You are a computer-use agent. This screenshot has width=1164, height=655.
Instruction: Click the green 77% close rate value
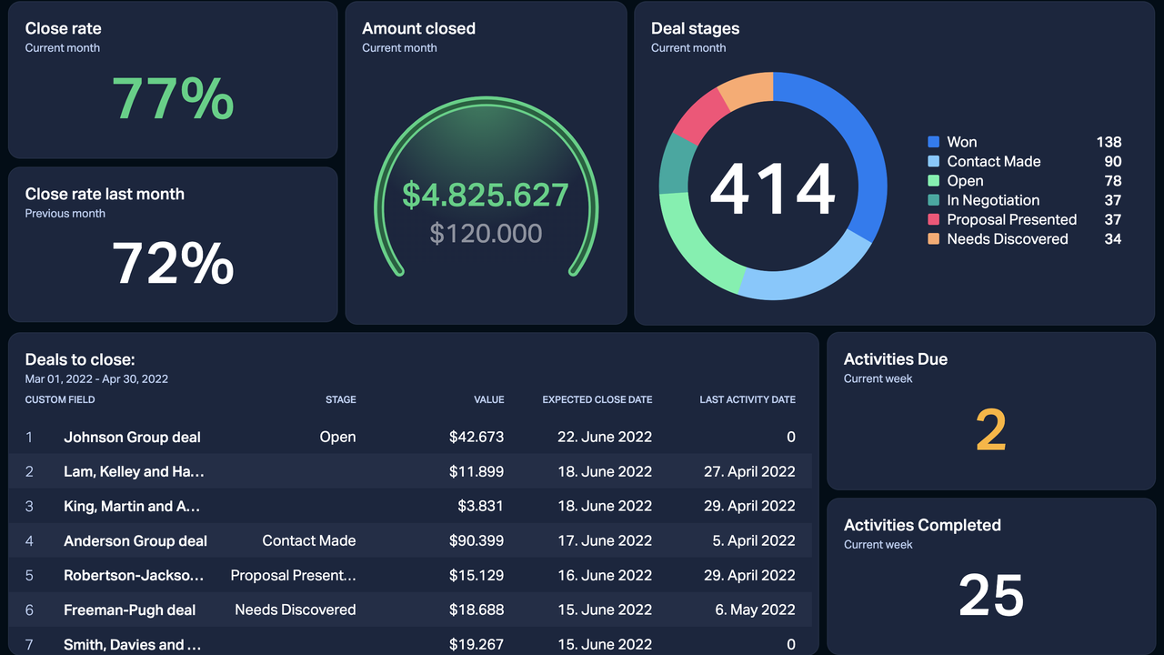[173, 98]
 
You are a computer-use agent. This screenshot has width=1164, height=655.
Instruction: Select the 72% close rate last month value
[173, 264]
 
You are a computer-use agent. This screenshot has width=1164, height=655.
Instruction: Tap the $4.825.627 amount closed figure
[486, 195]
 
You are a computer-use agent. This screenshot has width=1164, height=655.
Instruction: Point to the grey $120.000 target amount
[486, 233]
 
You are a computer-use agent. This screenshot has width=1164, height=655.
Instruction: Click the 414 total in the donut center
[772, 189]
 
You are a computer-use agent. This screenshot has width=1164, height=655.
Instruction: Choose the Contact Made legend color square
[933, 161]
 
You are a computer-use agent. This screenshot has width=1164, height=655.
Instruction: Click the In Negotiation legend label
[993, 200]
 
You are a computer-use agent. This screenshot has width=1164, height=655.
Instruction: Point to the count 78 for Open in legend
[1112, 181]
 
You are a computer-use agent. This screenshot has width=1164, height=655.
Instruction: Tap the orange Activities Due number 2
[990, 430]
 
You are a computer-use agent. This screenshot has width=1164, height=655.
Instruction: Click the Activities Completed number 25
[990, 596]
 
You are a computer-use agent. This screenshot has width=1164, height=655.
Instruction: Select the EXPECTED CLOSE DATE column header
[597, 399]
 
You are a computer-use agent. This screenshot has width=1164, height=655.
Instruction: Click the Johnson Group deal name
[132, 437]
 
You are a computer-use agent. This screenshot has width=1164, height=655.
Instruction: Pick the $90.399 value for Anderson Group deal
[476, 540]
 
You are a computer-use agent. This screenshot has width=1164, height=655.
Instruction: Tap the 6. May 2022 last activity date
[755, 610]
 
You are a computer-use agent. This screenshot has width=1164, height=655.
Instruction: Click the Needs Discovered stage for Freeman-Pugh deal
[295, 610]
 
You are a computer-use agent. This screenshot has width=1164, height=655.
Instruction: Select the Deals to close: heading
[80, 359]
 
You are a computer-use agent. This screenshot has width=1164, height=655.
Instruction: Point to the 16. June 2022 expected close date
[604, 575]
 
